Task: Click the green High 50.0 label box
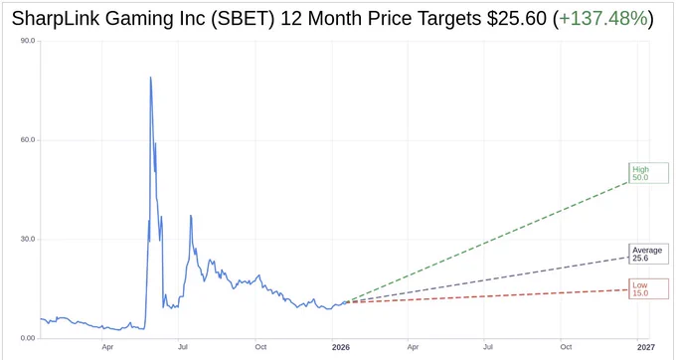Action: pyautogui.click(x=648, y=173)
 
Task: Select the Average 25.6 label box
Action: pyautogui.click(x=648, y=254)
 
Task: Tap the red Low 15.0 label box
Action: pyautogui.click(x=648, y=288)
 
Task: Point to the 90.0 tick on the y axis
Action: pyautogui.click(x=29, y=41)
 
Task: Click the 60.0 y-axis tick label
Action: pyautogui.click(x=29, y=140)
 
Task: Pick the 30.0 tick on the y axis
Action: pyautogui.click(x=29, y=240)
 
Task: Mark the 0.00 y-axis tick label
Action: pyautogui.click(x=29, y=338)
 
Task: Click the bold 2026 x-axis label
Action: pyautogui.click(x=341, y=347)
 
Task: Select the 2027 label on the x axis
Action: pyautogui.click(x=646, y=347)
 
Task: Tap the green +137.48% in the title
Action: pyautogui.click(x=603, y=19)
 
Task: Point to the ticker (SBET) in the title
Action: pyautogui.click(x=243, y=19)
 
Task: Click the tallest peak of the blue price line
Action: pyautogui.click(x=150, y=78)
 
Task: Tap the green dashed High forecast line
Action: pyautogui.click(x=487, y=242)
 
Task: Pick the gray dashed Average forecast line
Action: pyautogui.click(x=487, y=279)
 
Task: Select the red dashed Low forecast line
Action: pyautogui.click(x=487, y=295)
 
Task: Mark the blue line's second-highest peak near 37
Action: pyautogui.click(x=191, y=215)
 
